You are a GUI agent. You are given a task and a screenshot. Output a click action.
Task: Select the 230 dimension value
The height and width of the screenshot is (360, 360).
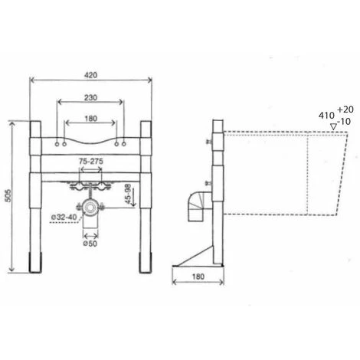91,98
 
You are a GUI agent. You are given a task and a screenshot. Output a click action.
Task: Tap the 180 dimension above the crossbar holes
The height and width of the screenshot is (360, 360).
91,119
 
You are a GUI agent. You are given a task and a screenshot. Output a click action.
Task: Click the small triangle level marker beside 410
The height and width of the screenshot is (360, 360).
331,125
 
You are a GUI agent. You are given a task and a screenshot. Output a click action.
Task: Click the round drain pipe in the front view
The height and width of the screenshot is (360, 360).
90,208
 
